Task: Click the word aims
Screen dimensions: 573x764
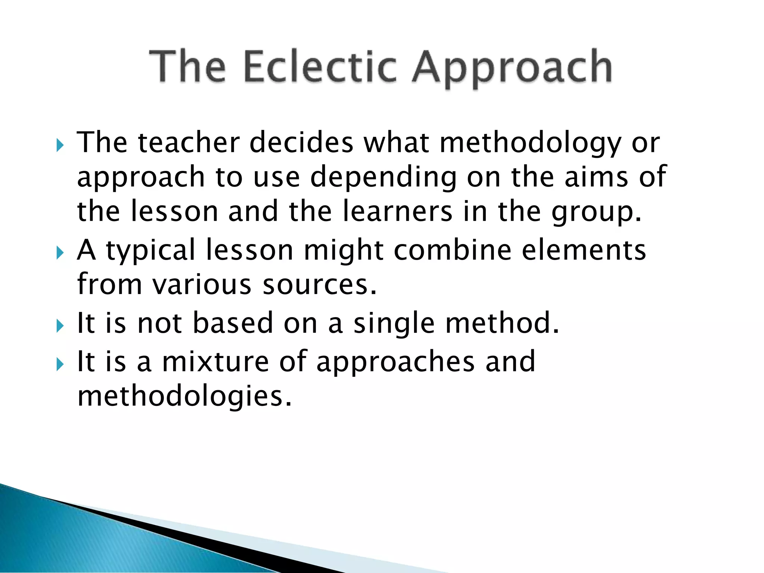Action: coord(596,177)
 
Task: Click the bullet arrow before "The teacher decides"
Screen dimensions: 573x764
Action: coord(60,145)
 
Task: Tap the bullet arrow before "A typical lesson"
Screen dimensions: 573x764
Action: coord(60,253)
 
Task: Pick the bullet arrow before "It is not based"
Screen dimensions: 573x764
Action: coord(60,326)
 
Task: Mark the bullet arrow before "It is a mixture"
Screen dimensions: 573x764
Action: coord(60,364)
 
